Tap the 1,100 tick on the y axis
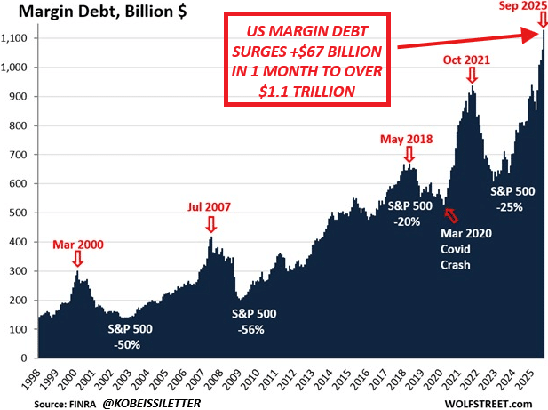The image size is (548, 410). click(18, 38)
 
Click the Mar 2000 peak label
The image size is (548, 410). click(77, 243)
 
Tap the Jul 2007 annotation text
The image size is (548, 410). click(210, 206)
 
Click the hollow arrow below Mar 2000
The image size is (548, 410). click(77, 259)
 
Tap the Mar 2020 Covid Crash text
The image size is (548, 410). click(467, 249)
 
